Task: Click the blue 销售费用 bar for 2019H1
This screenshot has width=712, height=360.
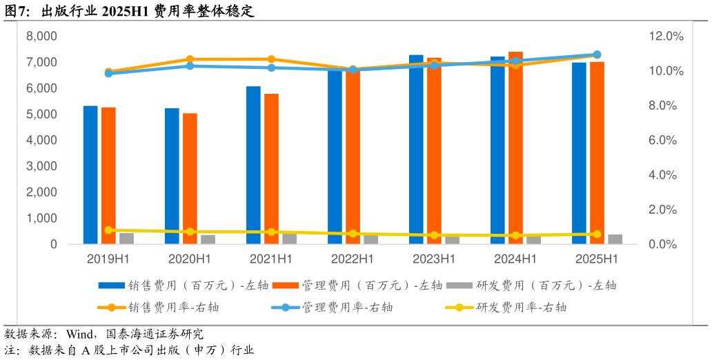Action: coord(90,175)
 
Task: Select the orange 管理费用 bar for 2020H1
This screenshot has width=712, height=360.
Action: coord(190,179)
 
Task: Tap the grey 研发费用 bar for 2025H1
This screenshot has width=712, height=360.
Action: coord(615,239)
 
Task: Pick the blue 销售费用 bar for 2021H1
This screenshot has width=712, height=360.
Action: coord(253,166)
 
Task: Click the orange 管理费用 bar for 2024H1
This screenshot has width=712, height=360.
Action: coord(515,148)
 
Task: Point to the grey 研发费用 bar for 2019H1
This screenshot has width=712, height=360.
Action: coord(126,239)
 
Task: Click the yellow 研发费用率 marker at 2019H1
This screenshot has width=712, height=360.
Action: coord(108,230)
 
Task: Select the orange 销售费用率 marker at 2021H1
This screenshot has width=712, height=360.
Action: coord(271,59)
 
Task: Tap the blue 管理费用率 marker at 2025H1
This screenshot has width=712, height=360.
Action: coord(597,54)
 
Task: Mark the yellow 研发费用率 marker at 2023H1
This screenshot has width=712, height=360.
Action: coord(434,235)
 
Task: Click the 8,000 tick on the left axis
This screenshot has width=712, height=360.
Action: coord(41,36)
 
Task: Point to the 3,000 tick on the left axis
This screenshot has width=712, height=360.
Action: coord(41,166)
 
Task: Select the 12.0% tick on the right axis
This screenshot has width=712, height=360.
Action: coord(666,36)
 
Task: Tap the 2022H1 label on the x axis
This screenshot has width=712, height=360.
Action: coord(353,259)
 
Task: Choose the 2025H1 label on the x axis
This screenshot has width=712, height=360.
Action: coord(597,259)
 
